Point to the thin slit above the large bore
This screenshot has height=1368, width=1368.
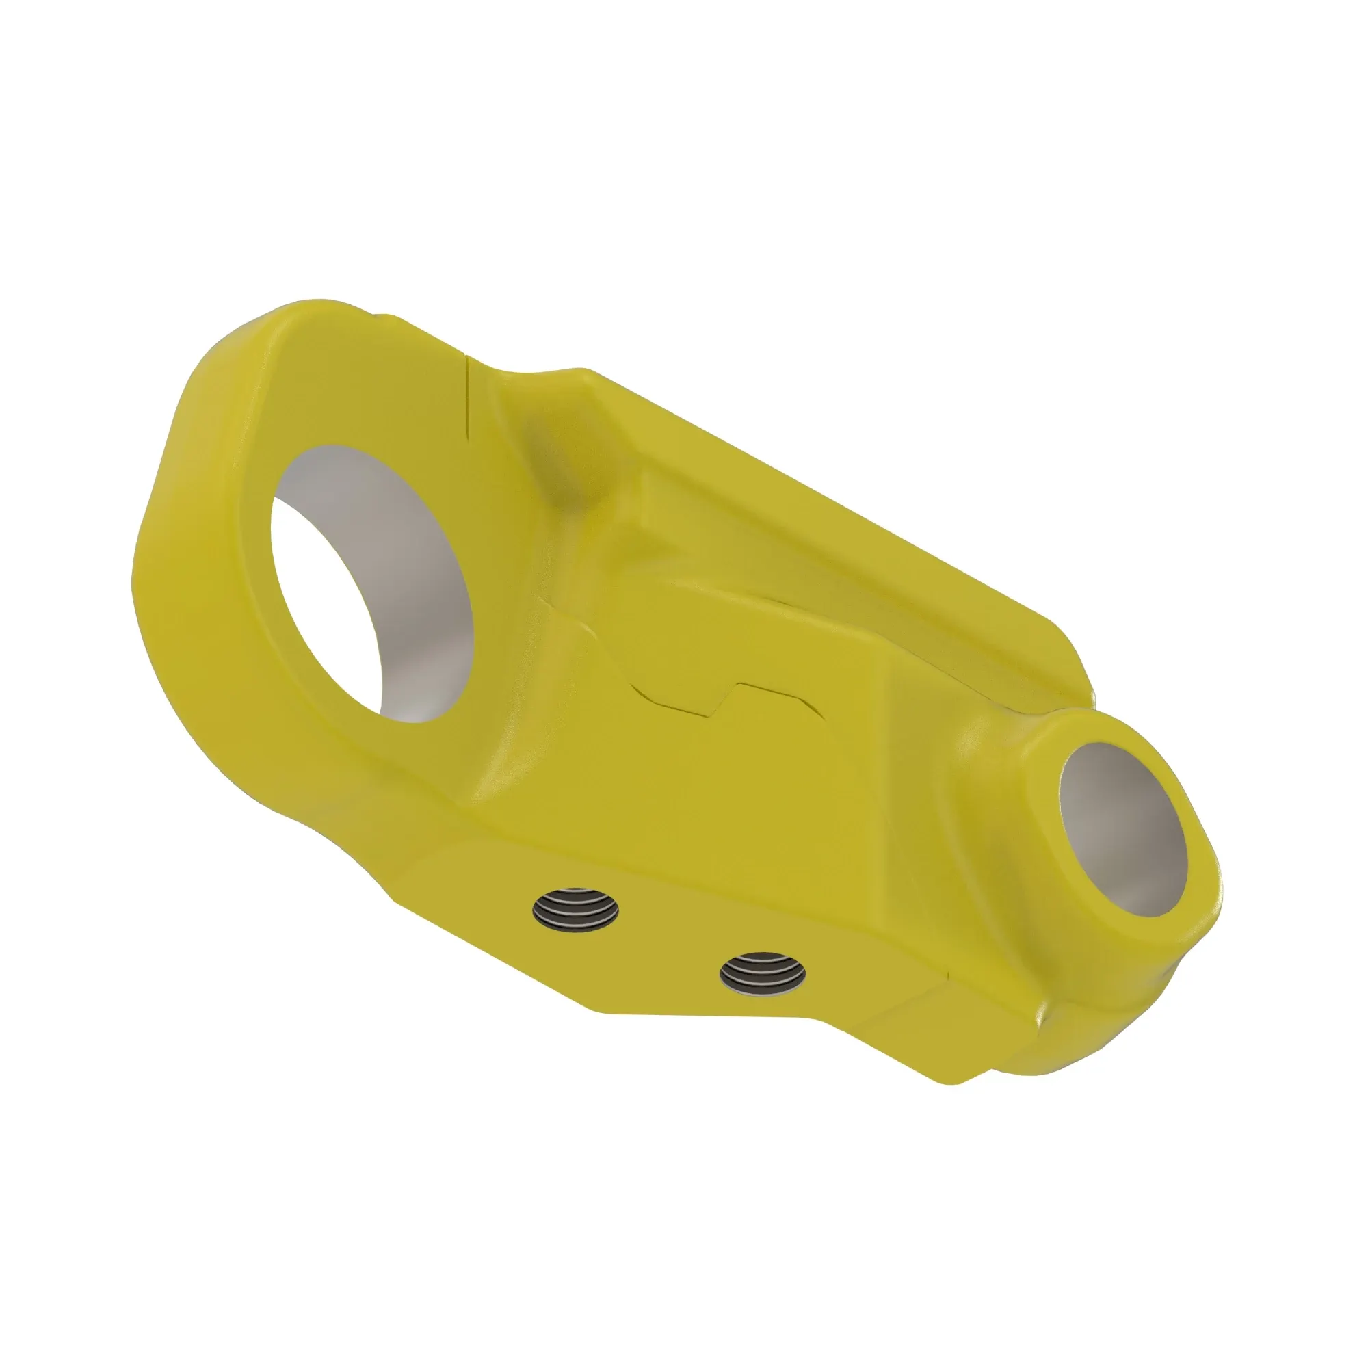pos(468,397)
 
